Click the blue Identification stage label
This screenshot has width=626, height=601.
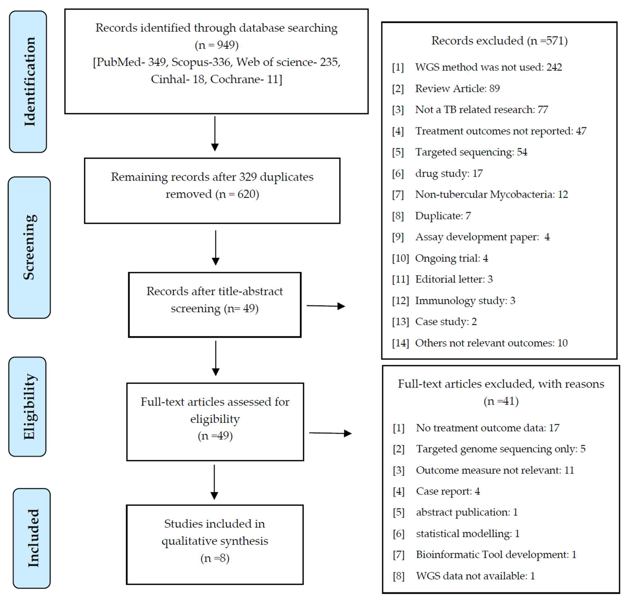click(28, 82)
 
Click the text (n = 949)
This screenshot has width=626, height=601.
click(217, 45)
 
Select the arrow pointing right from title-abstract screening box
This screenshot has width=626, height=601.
click(326, 306)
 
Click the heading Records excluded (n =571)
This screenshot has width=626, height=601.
click(499, 41)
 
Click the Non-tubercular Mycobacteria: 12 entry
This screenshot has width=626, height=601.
click(491, 195)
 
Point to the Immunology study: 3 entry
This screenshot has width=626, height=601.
click(465, 301)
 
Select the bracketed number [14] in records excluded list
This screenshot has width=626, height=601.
click(400, 343)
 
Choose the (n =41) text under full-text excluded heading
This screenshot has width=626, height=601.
click(501, 401)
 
